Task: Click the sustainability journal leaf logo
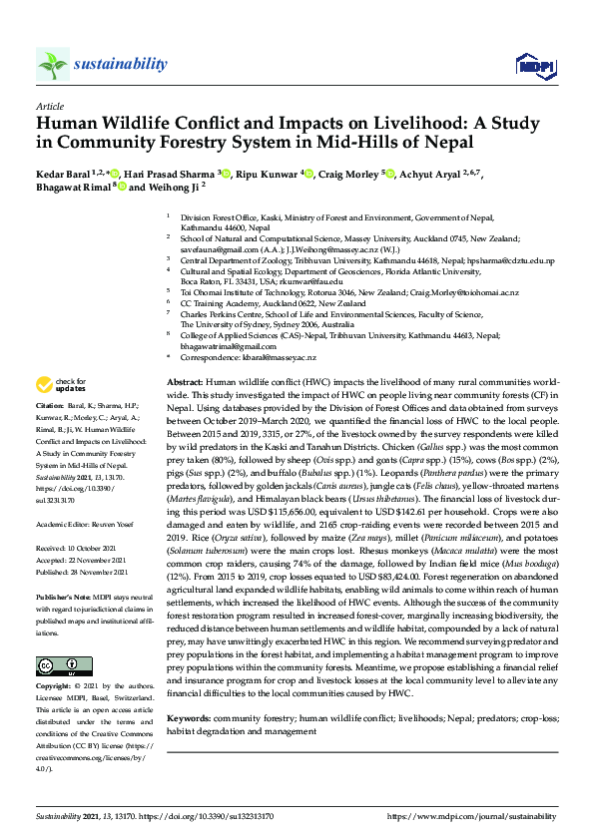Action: [x=52, y=65]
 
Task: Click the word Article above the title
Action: [x=49, y=106]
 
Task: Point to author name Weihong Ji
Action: [x=175, y=187]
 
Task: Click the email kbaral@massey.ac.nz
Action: [x=277, y=357]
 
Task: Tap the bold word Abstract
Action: [x=184, y=383]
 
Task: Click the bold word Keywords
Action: [x=189, y=718]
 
